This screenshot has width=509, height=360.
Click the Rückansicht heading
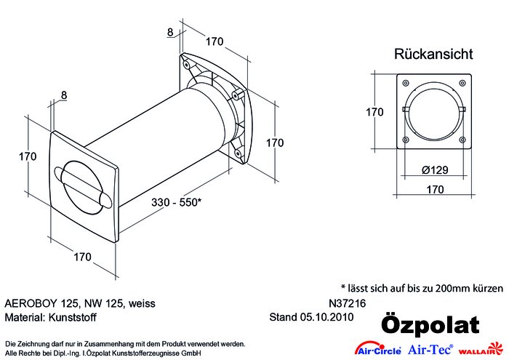pyautogui.click(x=433, y=54)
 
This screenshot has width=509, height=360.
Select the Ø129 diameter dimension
pyautogui.click(x=435, y=169)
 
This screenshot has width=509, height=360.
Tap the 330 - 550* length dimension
pyautogui.click(x=176, y=202)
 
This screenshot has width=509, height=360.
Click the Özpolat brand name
pyautogui.click(x=430, y=324)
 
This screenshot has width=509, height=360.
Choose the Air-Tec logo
pyautogui.click(x=430, y=349)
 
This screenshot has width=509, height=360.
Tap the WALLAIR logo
pyautogui.click(x=481, y=349)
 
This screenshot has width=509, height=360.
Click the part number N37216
pyautogui.click(x=348, y=303)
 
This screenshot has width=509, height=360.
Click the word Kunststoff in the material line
pyautogui.click(x=72, y=317)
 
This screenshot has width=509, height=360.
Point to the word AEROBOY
pyautogui.click(x=31, y=303)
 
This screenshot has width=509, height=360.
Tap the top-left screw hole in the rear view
pyautogui.click(x=406, y=83)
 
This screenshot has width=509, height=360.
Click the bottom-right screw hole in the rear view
pyautogui.click(x=462, y=140)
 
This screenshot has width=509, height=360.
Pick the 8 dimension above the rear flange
pyautogui.click(x=170, y=32)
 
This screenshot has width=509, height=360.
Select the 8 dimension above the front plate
pyautogui.click(x=64, y=95)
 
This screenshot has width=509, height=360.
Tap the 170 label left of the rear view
pyautogui.click(x=374, y=112)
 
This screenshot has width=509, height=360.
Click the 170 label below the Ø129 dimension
pyautogui.click(x=435, y=189)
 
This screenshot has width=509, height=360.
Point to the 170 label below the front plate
pyautogui.click(x=82, y=257)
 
